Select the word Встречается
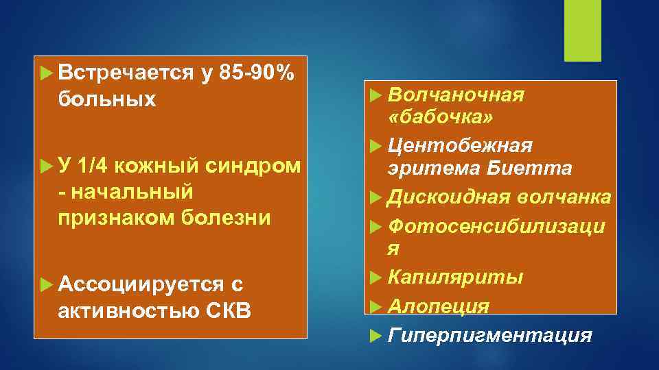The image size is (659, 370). [x=126, y=73]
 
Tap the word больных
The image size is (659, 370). [x=107, y=99]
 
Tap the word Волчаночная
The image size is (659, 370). [x=456, y=95]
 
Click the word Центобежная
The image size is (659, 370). [x=460, y=145]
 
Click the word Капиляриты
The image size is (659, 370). [x=455, y=277]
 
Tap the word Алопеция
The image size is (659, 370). [x=439, y=306]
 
